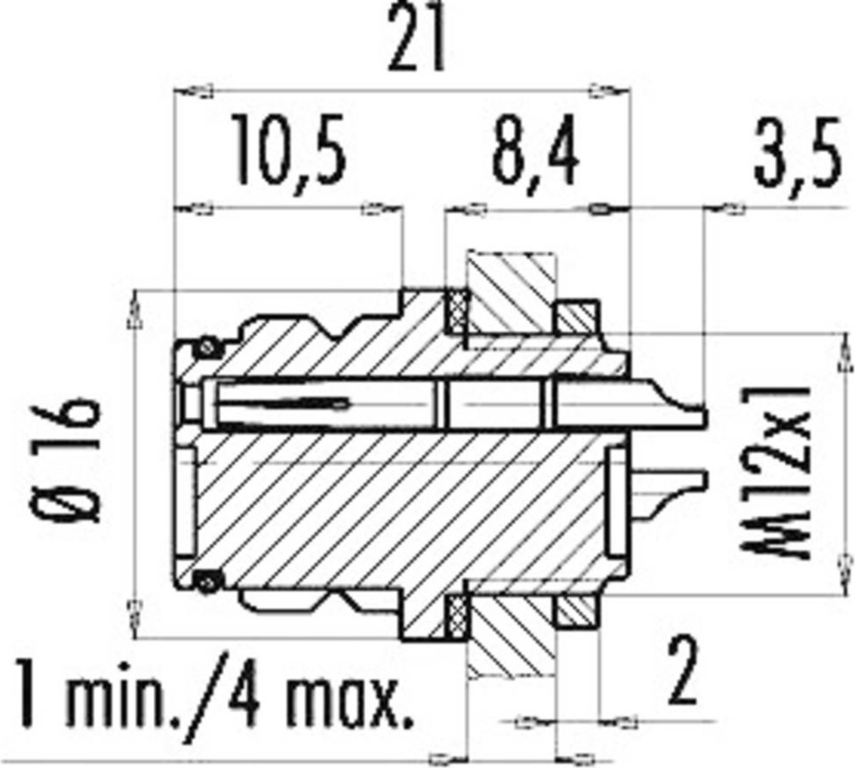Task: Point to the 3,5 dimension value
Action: (797, 156)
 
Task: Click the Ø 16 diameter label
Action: (69, 461)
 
